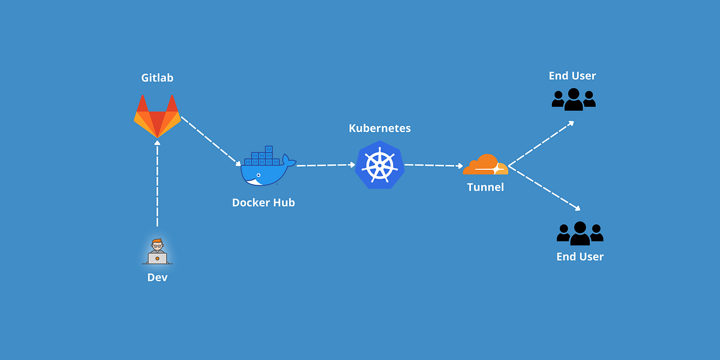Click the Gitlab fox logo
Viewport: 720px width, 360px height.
coord(157,117)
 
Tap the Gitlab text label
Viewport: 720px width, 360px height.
coord(157,78)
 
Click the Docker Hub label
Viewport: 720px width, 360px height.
coord(263,203)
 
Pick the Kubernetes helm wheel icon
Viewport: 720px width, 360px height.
coord(379,166)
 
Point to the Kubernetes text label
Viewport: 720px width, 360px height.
coord(380,128)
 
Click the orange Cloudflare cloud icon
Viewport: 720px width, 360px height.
coord(485,165)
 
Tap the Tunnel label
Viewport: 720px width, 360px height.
coord(485,187)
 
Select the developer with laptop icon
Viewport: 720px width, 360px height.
coord(157,251)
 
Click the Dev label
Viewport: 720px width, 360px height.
coord(157,277)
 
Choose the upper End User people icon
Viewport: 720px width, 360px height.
coord(573,99)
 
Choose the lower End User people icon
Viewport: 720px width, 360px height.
coord(580,233)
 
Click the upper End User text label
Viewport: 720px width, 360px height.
coord(572,76)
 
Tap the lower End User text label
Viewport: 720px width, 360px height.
coord(580,257)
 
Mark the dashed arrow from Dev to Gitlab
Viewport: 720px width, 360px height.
coord(157,183)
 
